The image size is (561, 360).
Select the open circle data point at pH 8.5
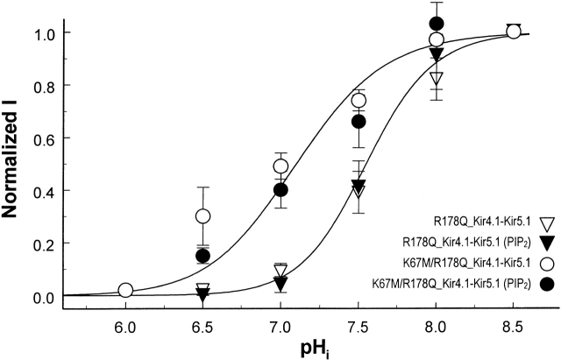514,32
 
